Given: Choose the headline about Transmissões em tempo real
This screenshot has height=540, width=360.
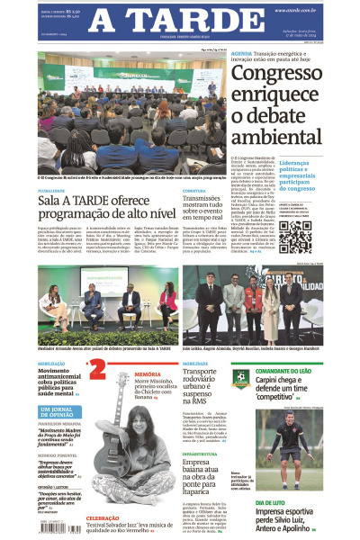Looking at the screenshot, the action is (x=215, y=210).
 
